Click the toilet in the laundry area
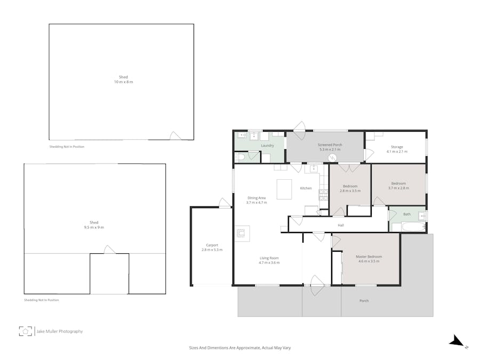tap(239, 157)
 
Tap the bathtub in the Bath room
tap(408, 227)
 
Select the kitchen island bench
tap(284, 189)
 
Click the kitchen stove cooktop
tap(324, 195)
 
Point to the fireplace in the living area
tap(242, 232)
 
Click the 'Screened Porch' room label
tap(330, 145)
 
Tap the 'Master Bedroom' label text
tap(369, 257)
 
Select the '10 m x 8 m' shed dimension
tap(123, 82)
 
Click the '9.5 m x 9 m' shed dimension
tap(94, 228)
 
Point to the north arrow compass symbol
tap(457, 341)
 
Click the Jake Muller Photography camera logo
tap(25, 331)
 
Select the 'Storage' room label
tap(396, 147)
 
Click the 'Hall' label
tap(341, 225)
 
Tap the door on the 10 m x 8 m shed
tap(175, 136)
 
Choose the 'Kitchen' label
tap(306, 188)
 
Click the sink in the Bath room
tap(421, 216)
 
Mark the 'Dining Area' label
tap(256, 198)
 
